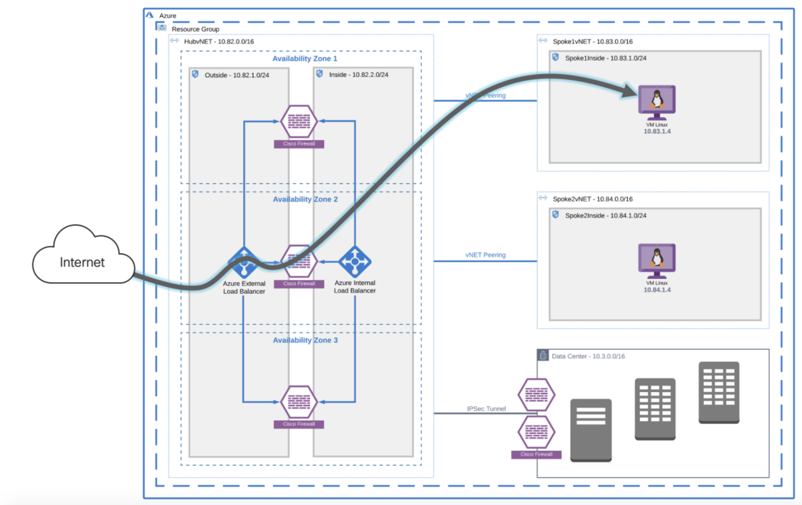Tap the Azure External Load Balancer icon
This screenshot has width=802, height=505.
(244, 263)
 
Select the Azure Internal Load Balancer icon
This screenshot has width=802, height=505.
(355, 262)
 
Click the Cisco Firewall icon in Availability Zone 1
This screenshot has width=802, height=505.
(299, 122)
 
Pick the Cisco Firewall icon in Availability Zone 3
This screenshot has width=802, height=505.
(299, 402)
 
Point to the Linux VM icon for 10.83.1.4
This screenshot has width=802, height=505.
(657, 102)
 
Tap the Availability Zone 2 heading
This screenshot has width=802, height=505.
(305, 199)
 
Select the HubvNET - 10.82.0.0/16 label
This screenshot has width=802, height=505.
(219, 42)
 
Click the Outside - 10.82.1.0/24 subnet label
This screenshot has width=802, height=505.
(237, 75)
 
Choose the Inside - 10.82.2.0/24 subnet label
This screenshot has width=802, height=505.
(358, 75)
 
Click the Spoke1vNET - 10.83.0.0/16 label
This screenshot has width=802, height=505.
(593, 42)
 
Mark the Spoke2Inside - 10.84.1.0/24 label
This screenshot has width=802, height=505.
(606, 216)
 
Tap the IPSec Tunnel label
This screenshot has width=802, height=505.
(486, 409)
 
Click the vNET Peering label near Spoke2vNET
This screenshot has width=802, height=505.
(485, 255)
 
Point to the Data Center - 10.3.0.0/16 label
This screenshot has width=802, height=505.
(588, 356)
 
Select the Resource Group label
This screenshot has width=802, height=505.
(195, 29)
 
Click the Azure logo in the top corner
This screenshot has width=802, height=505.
(150, 15)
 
